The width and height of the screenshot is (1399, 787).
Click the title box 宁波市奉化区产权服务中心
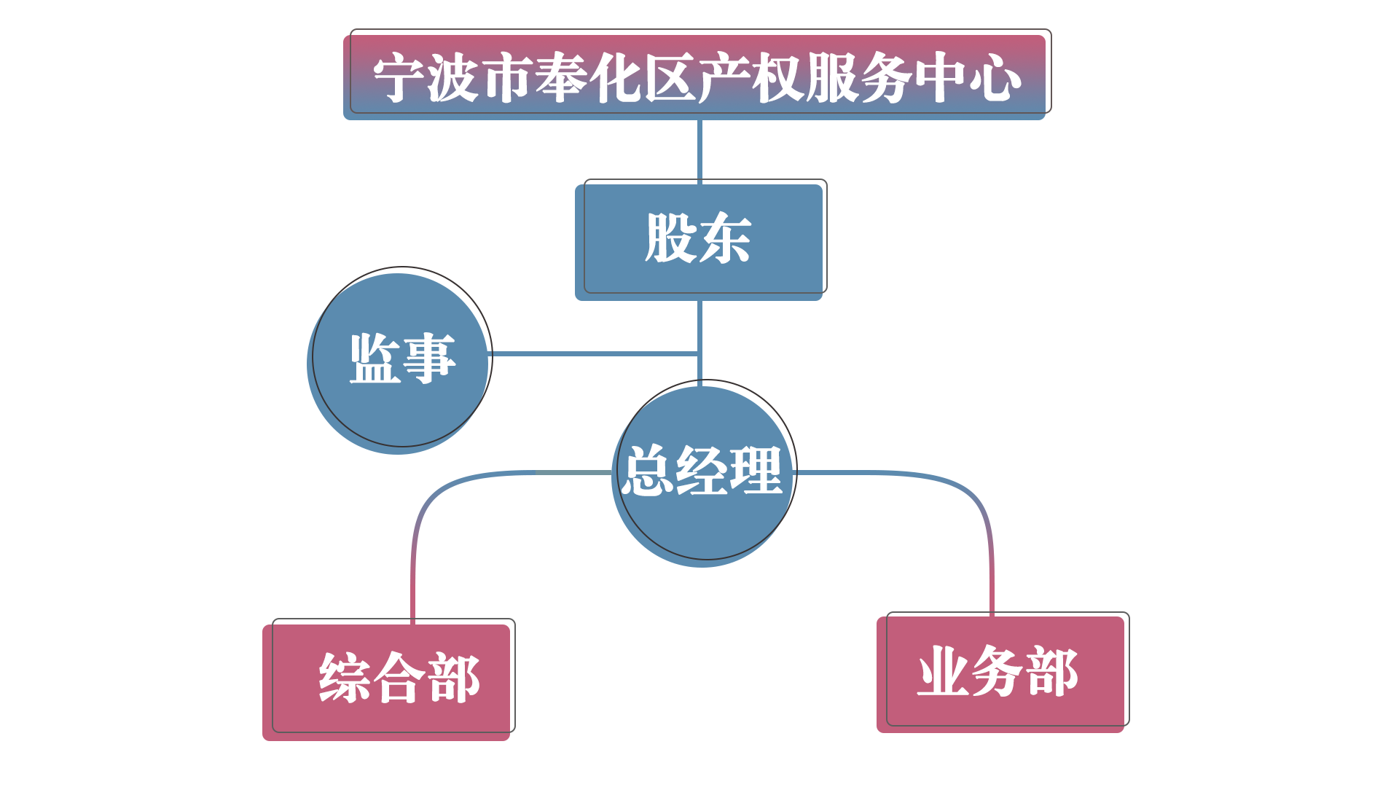click(697, 74)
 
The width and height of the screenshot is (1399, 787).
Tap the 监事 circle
click(400, 359)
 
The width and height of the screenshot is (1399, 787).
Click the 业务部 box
click(1003, 671)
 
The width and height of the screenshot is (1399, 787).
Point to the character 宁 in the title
click(399, 78)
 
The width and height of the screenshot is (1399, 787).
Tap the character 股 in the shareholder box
click(671, 238)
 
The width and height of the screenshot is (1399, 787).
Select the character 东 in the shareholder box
click(726, 238)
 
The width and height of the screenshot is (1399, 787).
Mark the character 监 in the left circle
click(375, 359)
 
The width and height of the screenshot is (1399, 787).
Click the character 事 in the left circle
click(429, 359)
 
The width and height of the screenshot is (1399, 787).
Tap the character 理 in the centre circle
click(756, 471)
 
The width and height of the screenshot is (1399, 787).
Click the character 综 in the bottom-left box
click(345, 678)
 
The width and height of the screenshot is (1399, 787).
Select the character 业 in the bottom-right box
click(944, 671)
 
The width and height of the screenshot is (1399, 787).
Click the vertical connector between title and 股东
click(699, 149)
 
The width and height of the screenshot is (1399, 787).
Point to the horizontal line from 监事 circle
click(594, 353)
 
